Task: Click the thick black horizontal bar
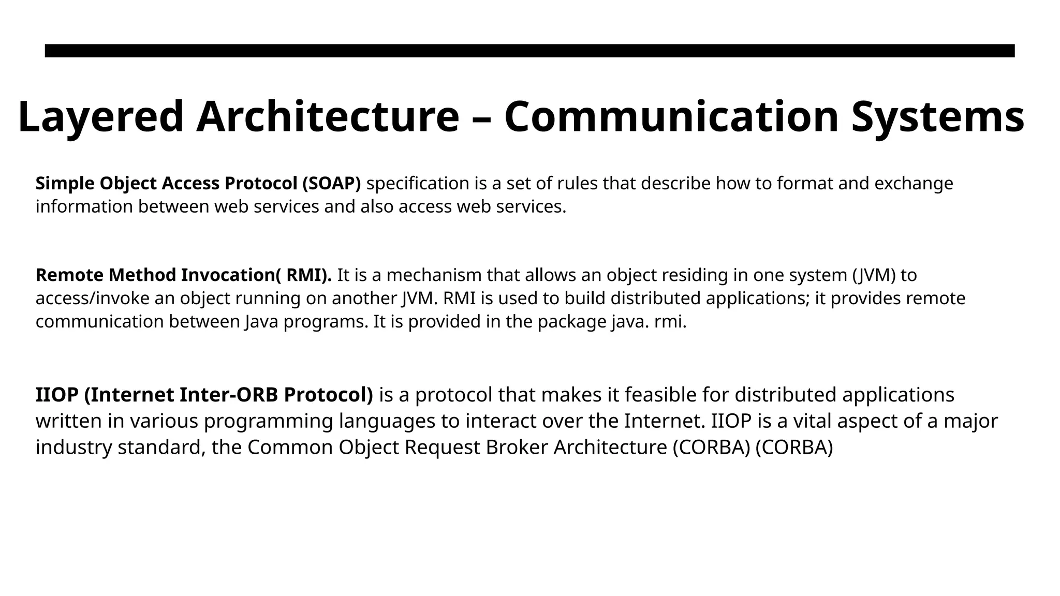(529, 51)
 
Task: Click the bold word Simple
(65, 183)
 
